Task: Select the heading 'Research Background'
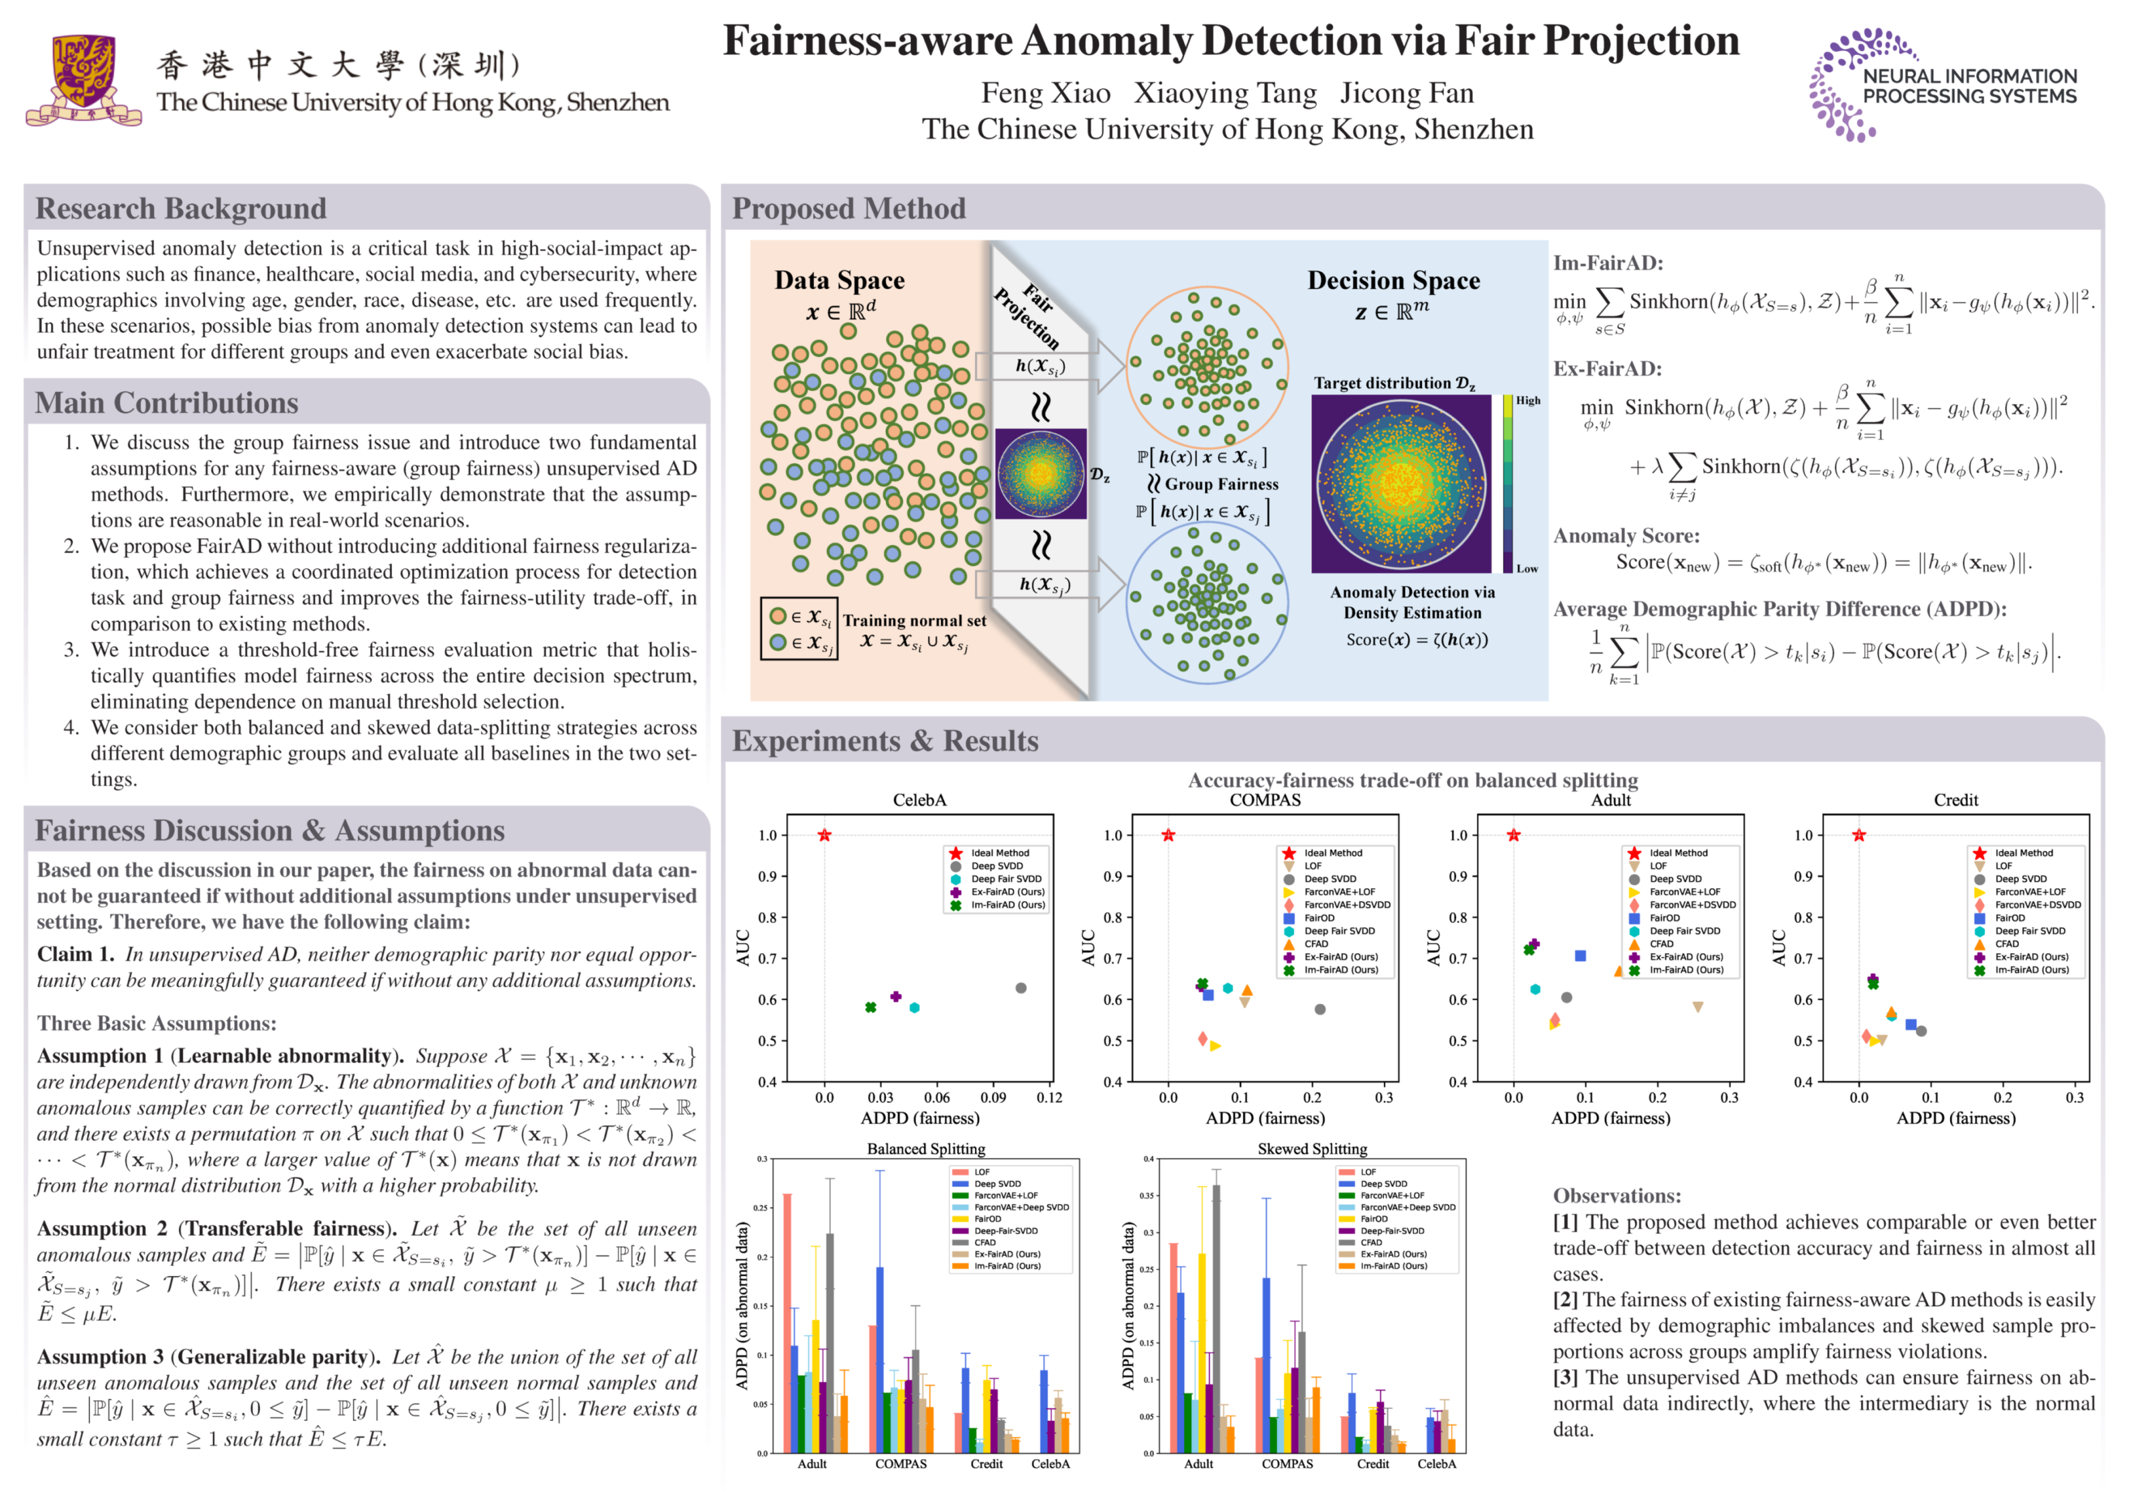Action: pyautogui.click(x=181, y=209)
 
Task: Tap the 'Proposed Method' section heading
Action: pyautogui.click(x=849, y=209)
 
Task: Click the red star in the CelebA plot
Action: pyautogui.click(x=825, y=836)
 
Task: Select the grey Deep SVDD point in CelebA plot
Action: pyautogui.click(x=1021, y=988)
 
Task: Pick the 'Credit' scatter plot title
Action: pyautogui.click(x=1955, y=800)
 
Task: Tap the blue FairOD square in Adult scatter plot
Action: pyautogui.click(x=1580, y=956)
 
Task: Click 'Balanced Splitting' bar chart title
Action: pyautogui.click(x=925, y=1149)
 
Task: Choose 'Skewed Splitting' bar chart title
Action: pyautogui.click(x=1312, y=1149)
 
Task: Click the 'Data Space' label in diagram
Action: pyautogui.click(x=839, y=280)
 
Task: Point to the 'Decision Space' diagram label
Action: pyautogui.click(x=1394, y=280)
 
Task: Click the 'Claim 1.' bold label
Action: pyautogui.click(x=75, y=954)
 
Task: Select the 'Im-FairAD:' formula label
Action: pyautogui.click(x=1608, y=264)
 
